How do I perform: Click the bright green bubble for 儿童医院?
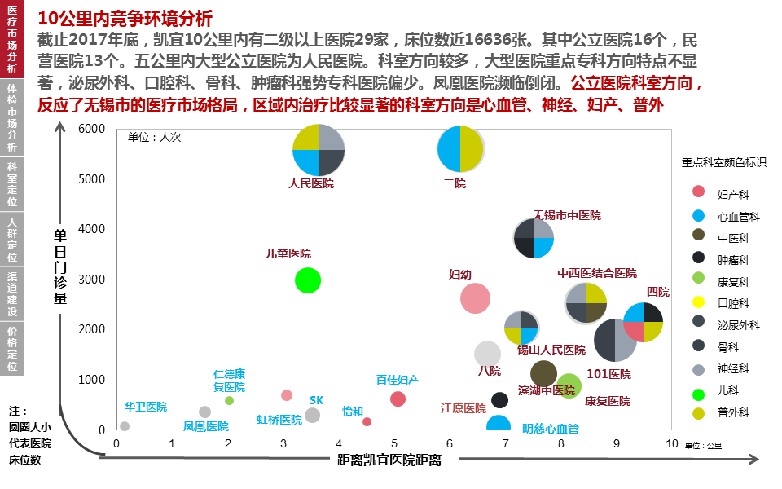pyautogui.click(x=307, y=280)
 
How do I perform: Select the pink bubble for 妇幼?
pyautogui.click(x=475, y=298)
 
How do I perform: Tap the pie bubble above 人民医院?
pyautogui.click(x=319, y=150)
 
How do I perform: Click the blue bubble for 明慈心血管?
pyautogui.click(x=499, y=425)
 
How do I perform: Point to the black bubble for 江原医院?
pyautogui.click(x=499, y=400)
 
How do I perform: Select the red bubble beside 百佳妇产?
pyautogui.click(x=398, y=399)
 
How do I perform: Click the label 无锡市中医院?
pyautogui.click(x=567, y=215)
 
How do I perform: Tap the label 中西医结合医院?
pyautogui.click(x=597, y=273)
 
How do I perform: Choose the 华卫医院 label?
pyautogui.click(x=146, y=406)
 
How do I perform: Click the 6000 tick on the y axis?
pyautogui.click(x=92, y=129)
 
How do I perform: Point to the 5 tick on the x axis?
pyautogui.click(x=394, y=443)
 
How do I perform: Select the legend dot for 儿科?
pyautogui.click(x=698, y=395)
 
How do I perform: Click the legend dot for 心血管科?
pyautogui.click(x=698, y=217)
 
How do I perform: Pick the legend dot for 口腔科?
pyautogui.click(x=698, y=302)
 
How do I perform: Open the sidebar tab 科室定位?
pyautogui.click(x=12, y=183)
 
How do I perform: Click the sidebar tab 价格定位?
pyautogui.click(x=12, y=348)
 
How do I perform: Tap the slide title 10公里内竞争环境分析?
pyautogui.click(x=125, y=18)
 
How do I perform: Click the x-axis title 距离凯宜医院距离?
pyautogui.click(x=389, y=460)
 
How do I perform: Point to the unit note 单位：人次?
pyautogui.click(x=155, y=137)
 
